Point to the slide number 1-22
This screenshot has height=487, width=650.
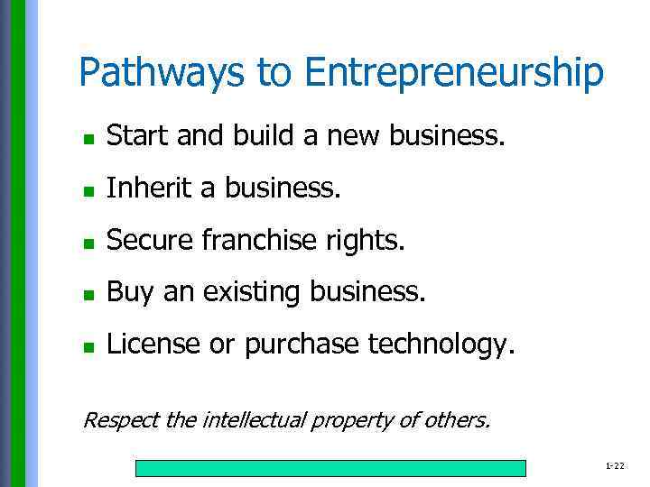615,465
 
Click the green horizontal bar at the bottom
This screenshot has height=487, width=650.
330,468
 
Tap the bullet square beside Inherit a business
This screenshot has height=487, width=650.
88,190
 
